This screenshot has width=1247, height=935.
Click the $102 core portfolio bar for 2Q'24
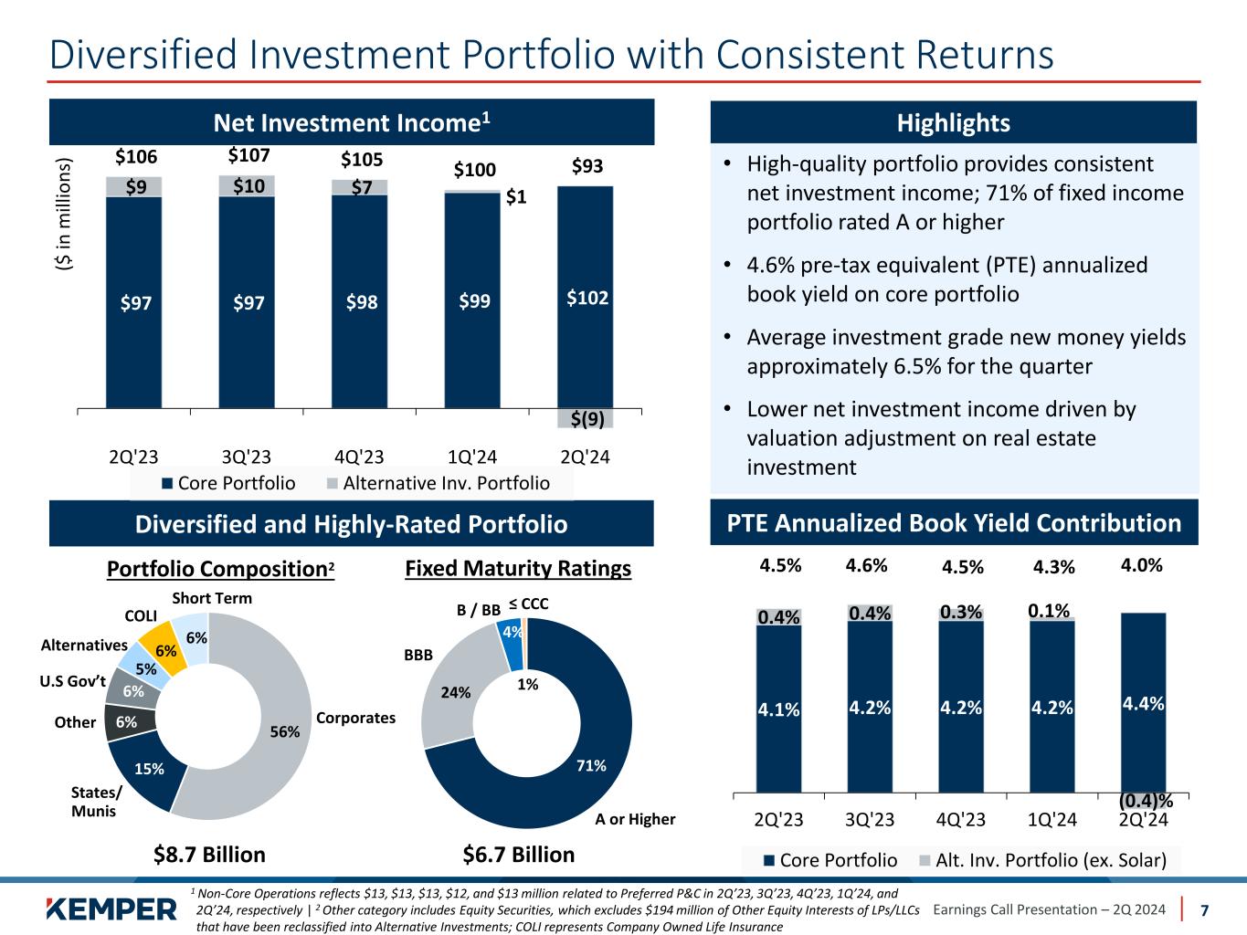tap(586, 298)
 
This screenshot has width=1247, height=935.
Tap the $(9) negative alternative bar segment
tap(586, 419)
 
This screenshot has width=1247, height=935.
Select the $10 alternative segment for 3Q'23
tap(247, 186)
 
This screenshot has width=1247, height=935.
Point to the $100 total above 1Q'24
tap(474, 170)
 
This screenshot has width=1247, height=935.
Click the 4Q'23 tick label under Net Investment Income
tap(359, 457)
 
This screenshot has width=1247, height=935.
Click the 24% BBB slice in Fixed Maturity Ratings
tap(453, 691)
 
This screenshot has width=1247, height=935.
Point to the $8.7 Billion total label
tap(209, 855)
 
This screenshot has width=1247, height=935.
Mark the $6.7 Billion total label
tap(519, 855)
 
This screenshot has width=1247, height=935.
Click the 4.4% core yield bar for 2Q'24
tap(1143, 703)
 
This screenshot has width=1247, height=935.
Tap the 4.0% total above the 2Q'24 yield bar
tap(1142, 565)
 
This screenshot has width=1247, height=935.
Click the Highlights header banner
tap(953, 123)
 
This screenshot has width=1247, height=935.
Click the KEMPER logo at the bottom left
tap(111, 909)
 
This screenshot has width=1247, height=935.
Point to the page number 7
tap(1204, 909)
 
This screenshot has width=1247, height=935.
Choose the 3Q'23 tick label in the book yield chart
tap(870, 819)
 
